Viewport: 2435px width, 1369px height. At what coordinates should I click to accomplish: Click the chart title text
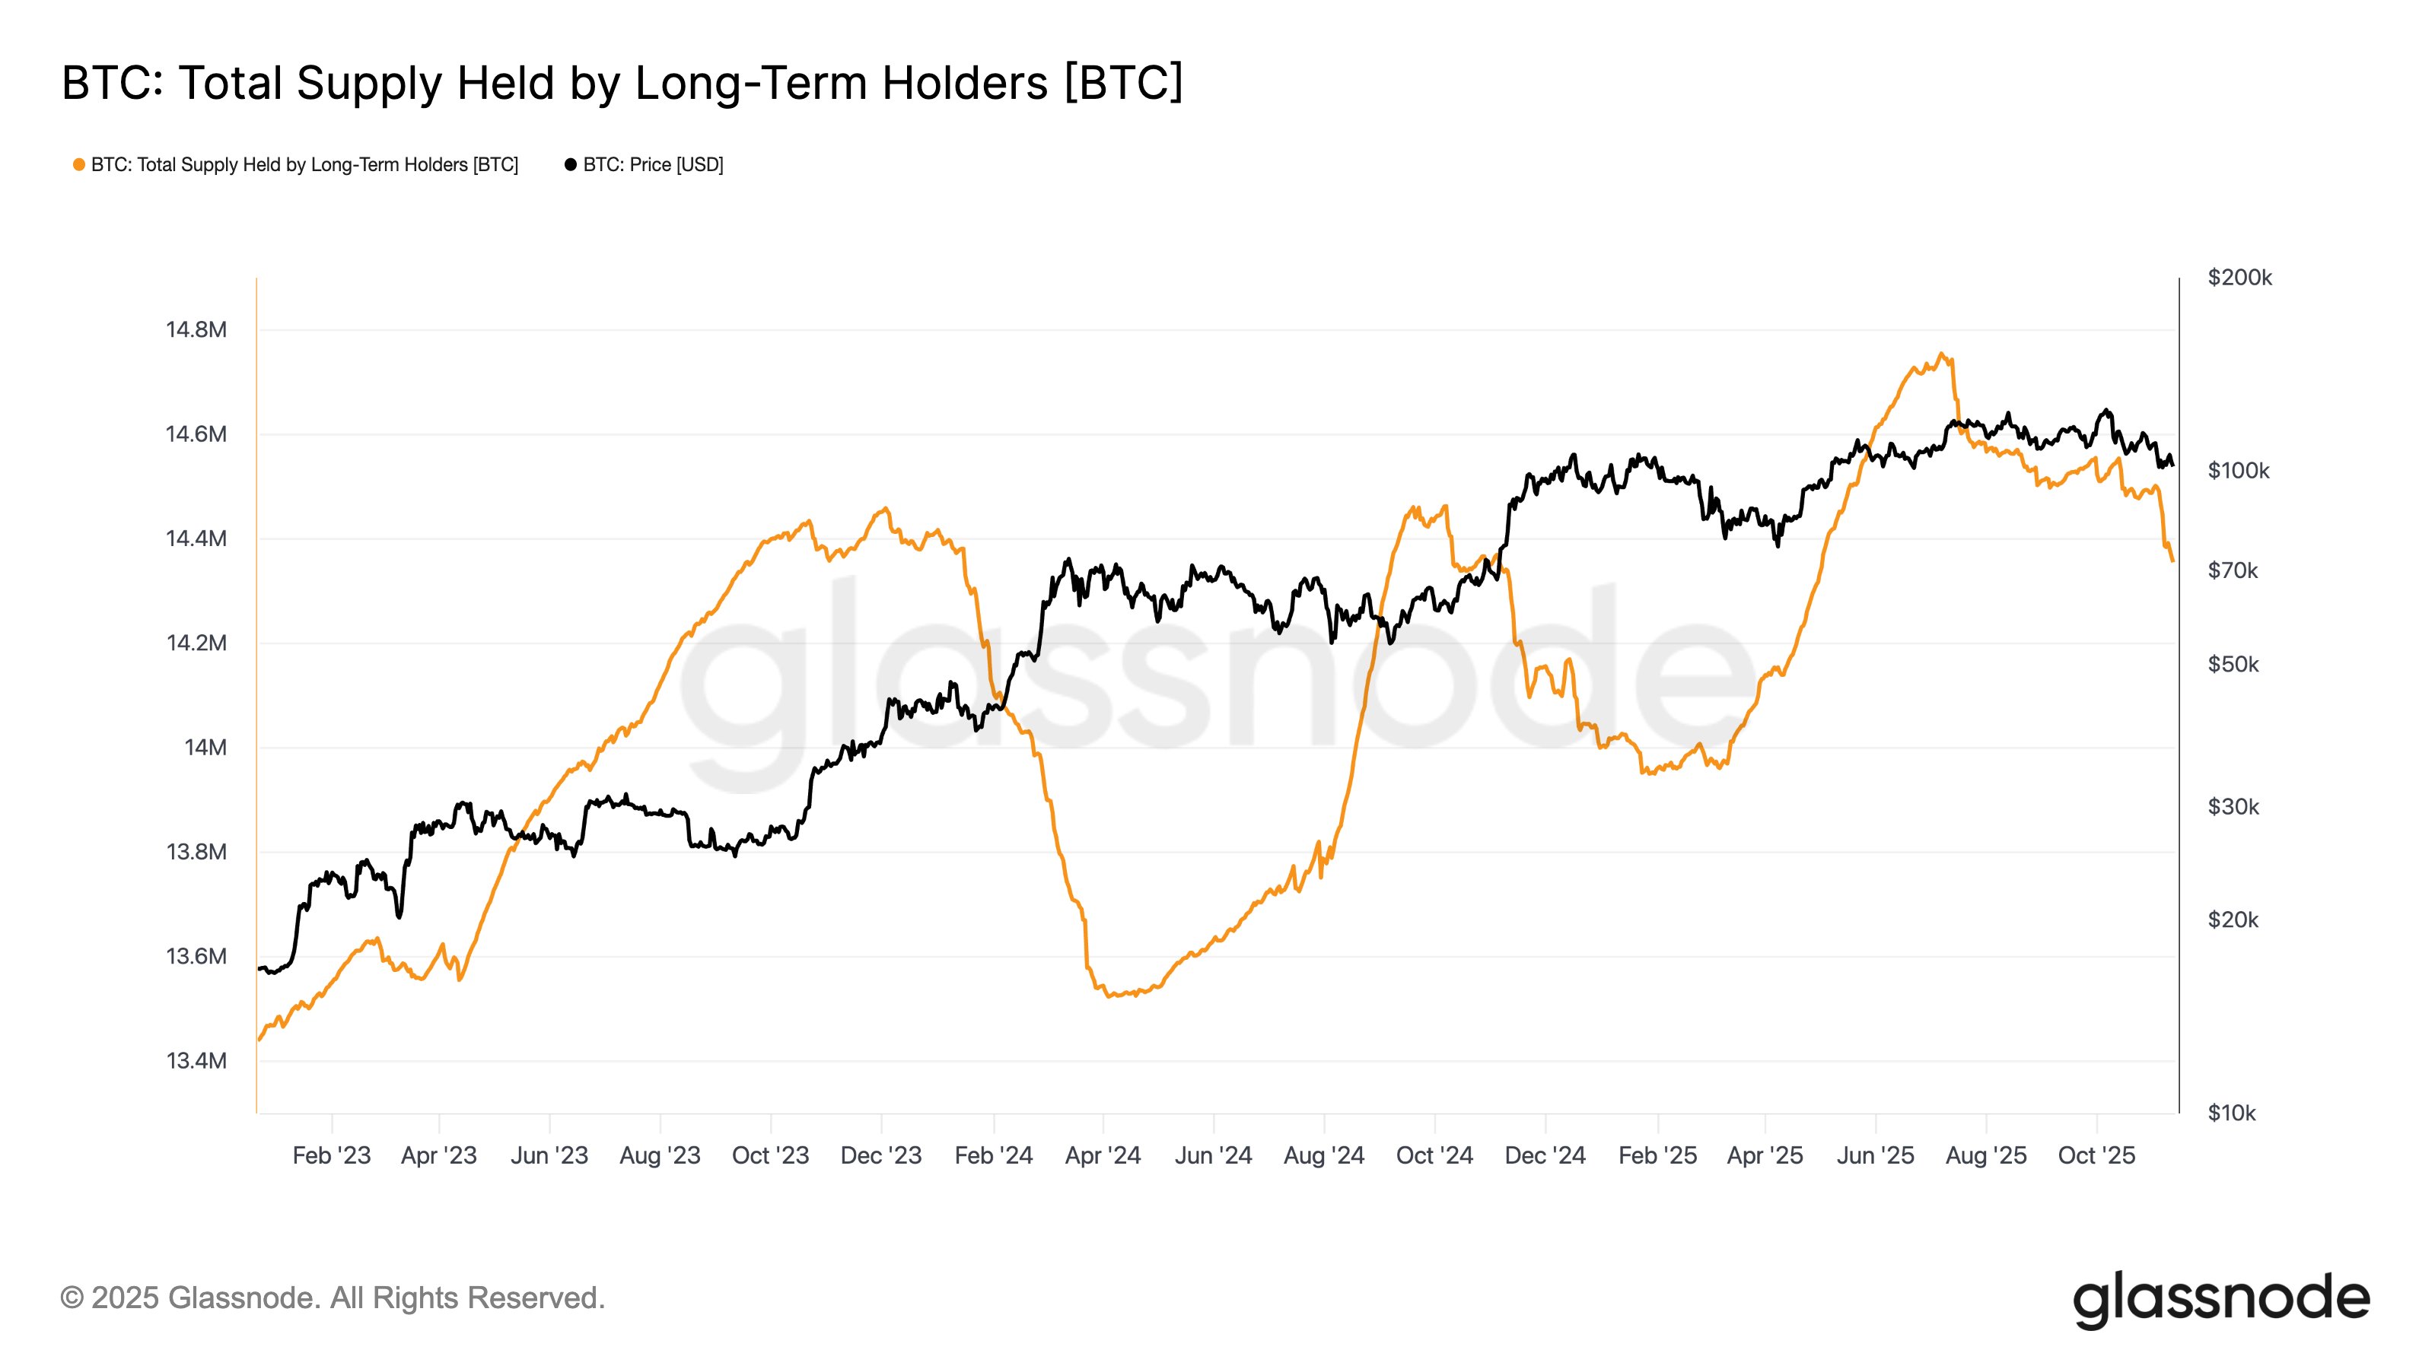622,83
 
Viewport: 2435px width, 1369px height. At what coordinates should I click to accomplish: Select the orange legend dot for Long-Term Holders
79,165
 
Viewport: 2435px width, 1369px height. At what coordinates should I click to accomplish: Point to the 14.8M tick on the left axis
196,330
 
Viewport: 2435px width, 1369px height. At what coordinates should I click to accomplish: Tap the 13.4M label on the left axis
196,1061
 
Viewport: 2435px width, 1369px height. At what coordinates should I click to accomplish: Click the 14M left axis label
205,748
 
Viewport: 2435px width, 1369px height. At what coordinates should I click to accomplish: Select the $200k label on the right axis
2239,278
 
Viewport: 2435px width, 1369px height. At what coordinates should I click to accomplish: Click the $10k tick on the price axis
2231,1113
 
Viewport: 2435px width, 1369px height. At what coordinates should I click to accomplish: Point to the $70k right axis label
2232,570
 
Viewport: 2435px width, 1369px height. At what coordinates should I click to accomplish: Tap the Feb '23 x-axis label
331,1155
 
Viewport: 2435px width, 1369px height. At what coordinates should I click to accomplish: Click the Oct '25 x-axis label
2096,1155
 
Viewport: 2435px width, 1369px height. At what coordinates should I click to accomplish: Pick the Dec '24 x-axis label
1545,1155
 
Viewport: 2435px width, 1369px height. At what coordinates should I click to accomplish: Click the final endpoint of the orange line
2172,561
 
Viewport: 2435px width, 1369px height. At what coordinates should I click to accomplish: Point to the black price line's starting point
260,970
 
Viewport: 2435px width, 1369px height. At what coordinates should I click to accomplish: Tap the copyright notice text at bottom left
333,1298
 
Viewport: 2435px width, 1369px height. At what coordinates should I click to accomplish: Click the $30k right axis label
2233,807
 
